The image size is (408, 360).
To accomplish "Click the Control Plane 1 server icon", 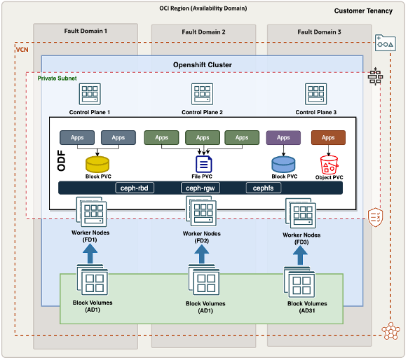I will click(x=90, y=94).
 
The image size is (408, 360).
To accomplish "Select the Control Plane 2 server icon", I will click(x=202, y=94).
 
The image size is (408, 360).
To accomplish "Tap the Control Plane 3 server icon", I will click(x=315, y=94).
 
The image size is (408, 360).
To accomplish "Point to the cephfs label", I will click(x=263, y=188).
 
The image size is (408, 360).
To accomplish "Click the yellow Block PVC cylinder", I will click(x=98, y=165).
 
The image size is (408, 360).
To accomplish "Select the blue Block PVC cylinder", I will click(x=283, y=164).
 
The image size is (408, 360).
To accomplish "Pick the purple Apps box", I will click(x=283, y=137).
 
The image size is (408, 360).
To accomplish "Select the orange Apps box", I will click(x=328, y=137).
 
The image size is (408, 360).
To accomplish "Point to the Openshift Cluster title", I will click(x=202, y=65).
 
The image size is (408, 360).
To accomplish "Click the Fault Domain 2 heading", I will click(x=203, y=32).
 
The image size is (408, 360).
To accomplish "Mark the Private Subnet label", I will click(x=57, y=78).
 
